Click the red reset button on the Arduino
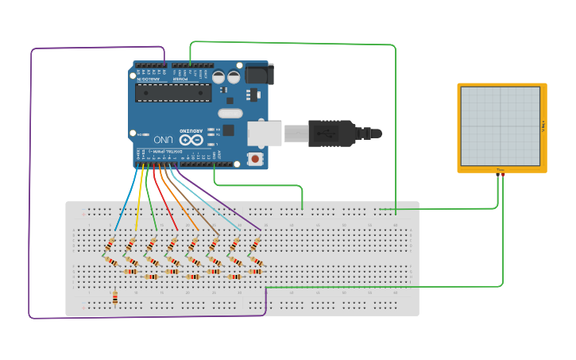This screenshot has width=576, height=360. pos(255,158)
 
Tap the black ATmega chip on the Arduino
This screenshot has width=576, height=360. pos(172,94)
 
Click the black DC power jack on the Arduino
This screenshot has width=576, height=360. pos(259,74)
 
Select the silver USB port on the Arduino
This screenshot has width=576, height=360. pos(265,133)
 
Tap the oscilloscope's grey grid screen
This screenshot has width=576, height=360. pos(500,126)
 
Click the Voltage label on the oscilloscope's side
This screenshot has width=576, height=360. pos(543,126)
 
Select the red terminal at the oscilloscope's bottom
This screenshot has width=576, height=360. pos(503,174)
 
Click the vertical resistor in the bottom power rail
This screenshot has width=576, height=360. pos(115,298)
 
